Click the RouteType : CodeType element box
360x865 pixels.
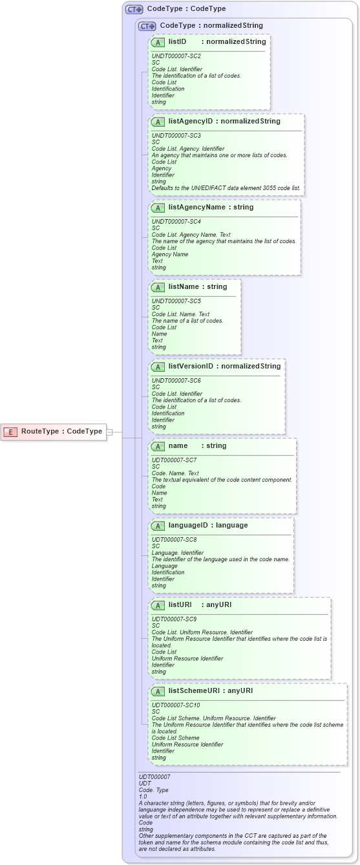[54, 431]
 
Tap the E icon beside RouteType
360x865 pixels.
[11, 432]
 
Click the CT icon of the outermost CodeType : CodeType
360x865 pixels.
[134, 9]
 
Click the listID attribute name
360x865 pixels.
[177, 41]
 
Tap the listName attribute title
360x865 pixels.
[183, 286]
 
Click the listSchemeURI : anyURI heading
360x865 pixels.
[210, 691]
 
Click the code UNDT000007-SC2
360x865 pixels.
[176, 56]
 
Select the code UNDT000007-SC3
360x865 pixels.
[176, 136]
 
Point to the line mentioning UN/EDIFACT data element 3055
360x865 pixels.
[226, 188]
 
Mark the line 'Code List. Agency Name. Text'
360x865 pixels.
[191, 235]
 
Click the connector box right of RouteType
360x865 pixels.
[109, 432]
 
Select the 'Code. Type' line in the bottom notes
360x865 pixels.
[154, 790]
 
